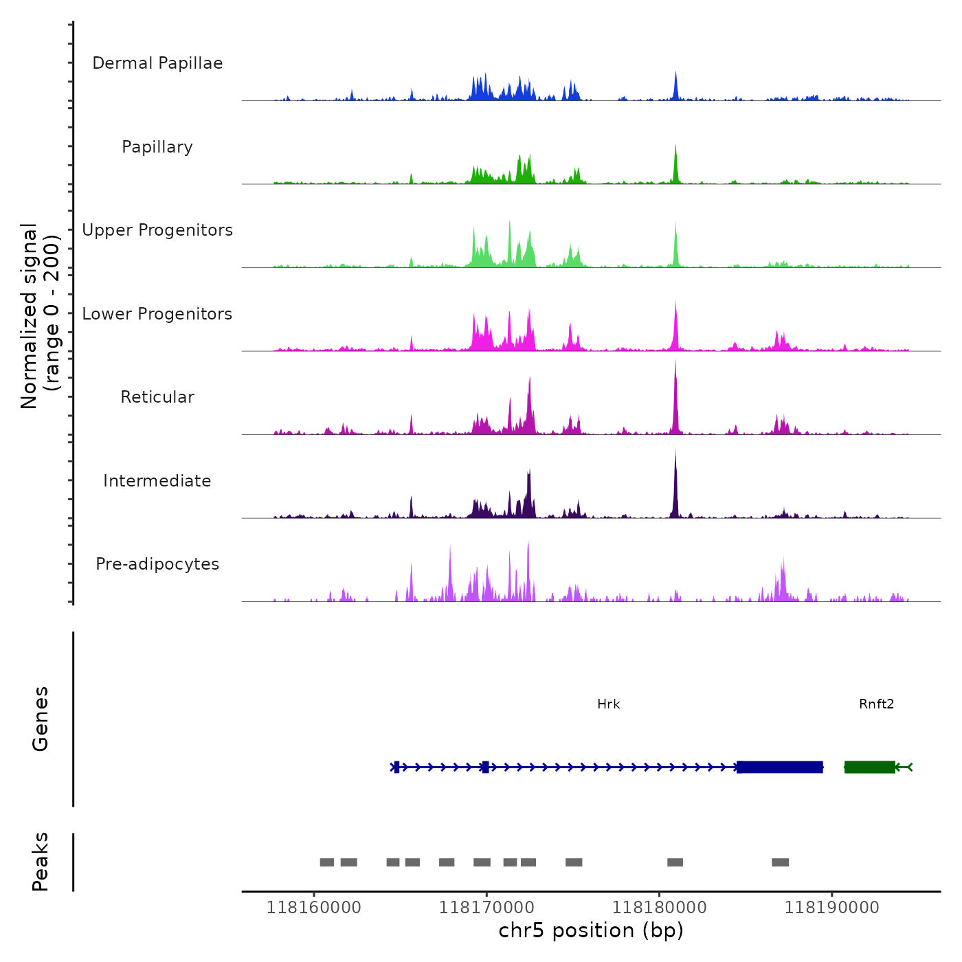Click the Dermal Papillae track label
(x=157, y=63)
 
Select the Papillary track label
(x=157, y=147)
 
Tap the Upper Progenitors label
(x=157, y=230)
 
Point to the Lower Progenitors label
(x=157, y=314)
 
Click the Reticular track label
(x=157, y=397)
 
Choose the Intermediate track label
(x=157, y=481)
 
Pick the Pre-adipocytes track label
(x=157, y=564)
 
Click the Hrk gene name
(x=609, y=704)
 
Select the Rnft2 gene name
(x=876, y=704)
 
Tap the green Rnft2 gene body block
(x=870, y=767)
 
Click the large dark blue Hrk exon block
(x=780, y=767)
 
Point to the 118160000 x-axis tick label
(x=314, y=908)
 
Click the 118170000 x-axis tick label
(x=486, y=908)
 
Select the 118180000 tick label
(x=660, y=908)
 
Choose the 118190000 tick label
(x=832, y=908)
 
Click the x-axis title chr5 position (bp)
(x=591, y=930)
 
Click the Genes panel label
(x=41, y=719)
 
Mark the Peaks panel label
(x=41, y=862)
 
